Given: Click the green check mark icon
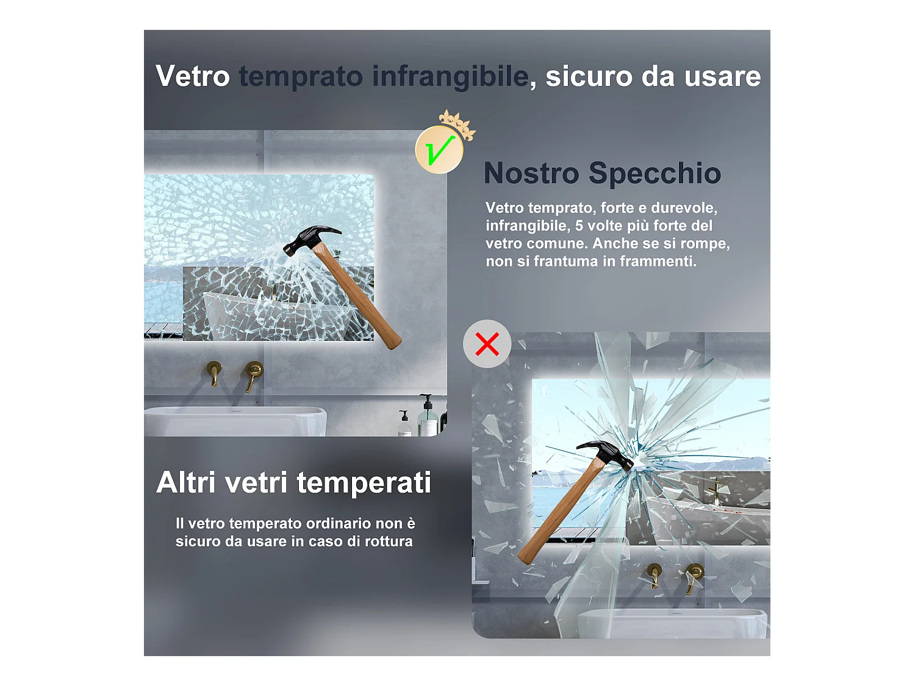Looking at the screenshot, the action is [439, 149].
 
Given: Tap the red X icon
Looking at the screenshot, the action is [487, 344].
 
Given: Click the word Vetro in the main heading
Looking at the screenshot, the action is [193, 76].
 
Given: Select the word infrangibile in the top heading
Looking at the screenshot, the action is [450, 77].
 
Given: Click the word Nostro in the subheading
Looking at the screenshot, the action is [531, 173].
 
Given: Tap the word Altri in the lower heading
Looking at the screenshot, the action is [186, 482].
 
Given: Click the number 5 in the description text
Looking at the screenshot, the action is [579, 226].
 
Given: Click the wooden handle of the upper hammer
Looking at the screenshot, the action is [357, 296].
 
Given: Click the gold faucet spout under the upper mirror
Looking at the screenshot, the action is [214, 374].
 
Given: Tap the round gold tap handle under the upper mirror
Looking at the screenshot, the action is [254, 371].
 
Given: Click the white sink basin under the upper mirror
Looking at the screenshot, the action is [235, 421].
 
